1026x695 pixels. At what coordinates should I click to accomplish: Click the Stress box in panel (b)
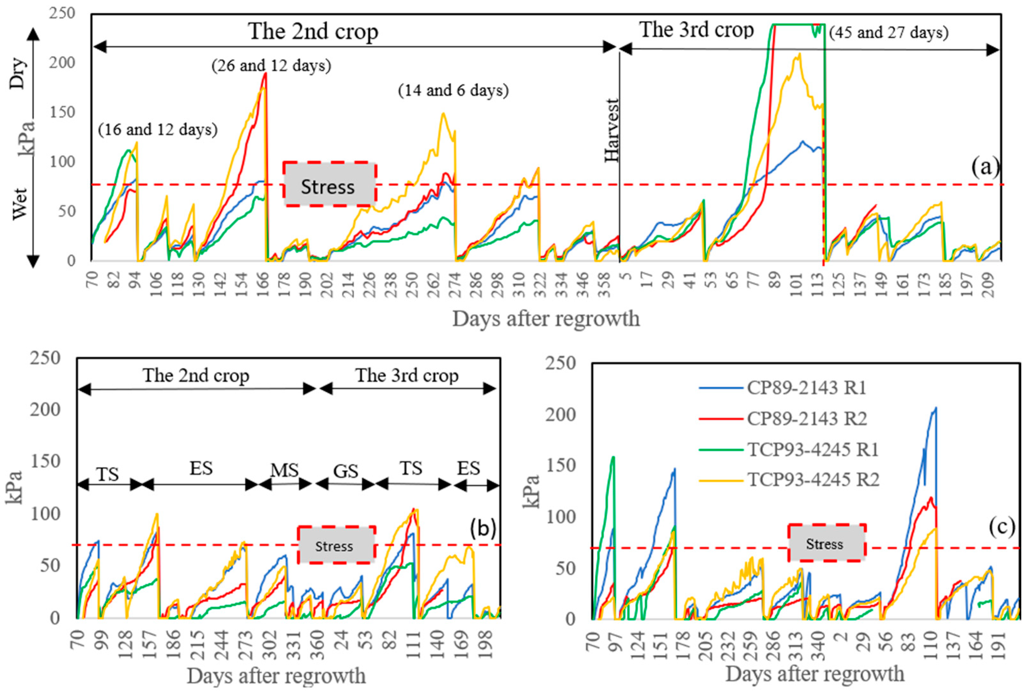[336, 545]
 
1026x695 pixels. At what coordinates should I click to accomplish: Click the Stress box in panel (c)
[826, 543]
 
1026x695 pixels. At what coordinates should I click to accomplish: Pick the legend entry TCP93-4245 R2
[813, 479]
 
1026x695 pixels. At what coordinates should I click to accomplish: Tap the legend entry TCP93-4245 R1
[813, 449]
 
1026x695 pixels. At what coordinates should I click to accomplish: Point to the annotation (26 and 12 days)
[271, 65]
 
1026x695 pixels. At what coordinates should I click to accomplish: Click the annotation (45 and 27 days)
[888, 32]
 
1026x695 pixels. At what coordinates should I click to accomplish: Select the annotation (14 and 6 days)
[453, 90]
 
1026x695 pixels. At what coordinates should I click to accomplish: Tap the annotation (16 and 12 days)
[157, 130]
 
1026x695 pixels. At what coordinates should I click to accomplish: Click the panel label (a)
[984, 167]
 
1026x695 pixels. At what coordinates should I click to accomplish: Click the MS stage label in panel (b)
[284, 471]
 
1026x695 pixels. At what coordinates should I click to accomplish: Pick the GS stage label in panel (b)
[345, 471]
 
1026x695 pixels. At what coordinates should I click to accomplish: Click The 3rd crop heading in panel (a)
[696, 30]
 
